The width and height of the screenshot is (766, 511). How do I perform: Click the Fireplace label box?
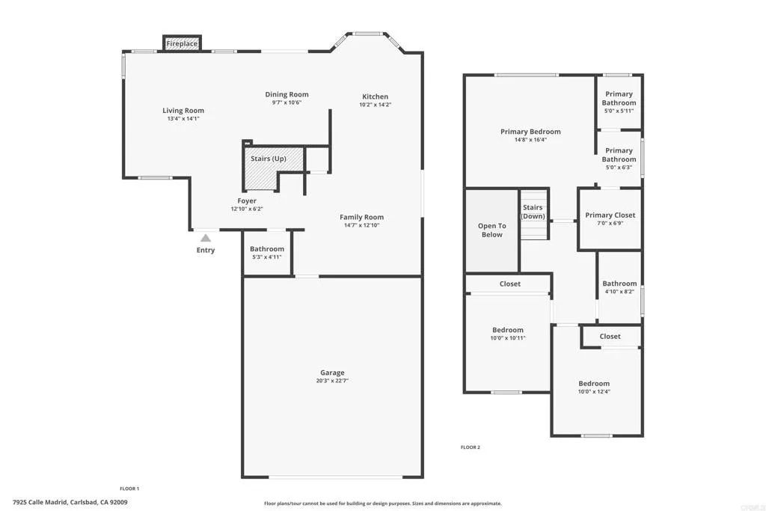182,44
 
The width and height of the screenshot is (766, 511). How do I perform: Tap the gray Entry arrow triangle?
205,238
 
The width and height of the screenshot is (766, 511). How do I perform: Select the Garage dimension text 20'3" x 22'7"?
333,381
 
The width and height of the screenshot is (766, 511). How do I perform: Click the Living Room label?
183,111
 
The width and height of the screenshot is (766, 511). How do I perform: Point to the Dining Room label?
287,94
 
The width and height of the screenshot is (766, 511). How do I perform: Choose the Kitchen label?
375,97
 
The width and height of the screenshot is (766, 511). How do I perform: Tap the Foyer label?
247,201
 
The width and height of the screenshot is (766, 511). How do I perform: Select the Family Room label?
361,217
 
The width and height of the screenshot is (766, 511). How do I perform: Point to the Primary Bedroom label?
530,132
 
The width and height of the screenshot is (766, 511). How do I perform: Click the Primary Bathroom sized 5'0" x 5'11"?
619,99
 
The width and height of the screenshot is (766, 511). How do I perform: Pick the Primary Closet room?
610,215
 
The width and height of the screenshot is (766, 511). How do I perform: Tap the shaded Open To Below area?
491,230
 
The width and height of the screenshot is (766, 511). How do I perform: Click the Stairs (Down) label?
533,212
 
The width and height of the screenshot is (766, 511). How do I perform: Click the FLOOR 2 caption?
470,447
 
